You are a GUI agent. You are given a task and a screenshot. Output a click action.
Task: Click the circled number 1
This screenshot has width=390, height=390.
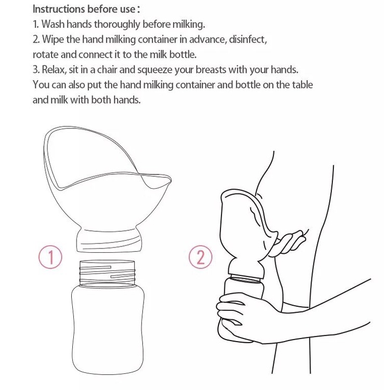[x=50, y=257]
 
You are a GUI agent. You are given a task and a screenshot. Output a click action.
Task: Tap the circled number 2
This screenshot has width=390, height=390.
[x=201, y=257]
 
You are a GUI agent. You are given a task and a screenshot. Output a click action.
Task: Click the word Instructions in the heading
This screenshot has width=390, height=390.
[x=59, y=9]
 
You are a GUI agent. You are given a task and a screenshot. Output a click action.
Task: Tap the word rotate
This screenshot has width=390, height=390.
[x=46, y=55]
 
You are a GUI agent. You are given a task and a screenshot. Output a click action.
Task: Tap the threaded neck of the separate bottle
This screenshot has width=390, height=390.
[x=108, y=273]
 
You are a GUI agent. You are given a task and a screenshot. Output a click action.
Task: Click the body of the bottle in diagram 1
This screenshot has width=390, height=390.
[x=108, y=328]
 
